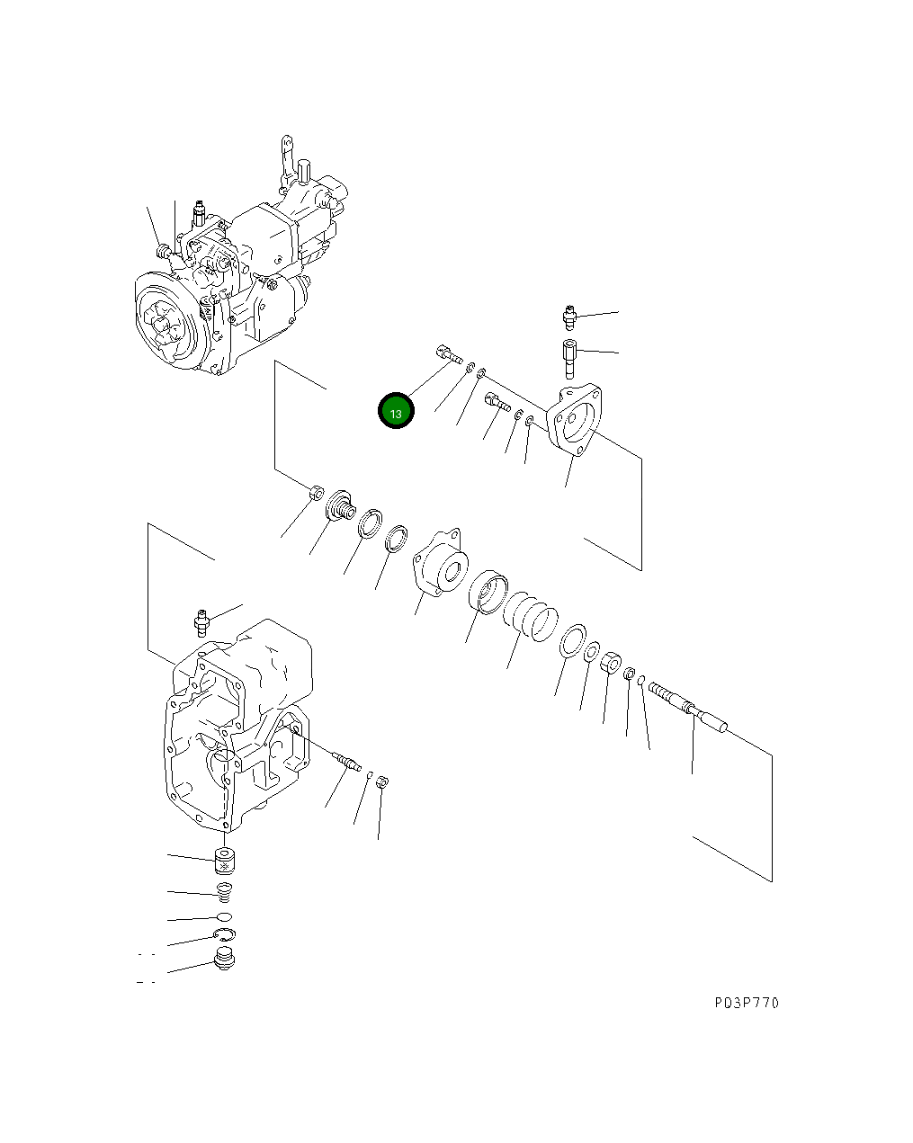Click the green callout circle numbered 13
[396, 412]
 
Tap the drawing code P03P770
[747, 1003]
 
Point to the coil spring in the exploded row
[530, 616]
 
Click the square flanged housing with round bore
[441, 564]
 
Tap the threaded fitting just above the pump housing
[203, 621]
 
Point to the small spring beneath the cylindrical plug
[225, 893]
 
